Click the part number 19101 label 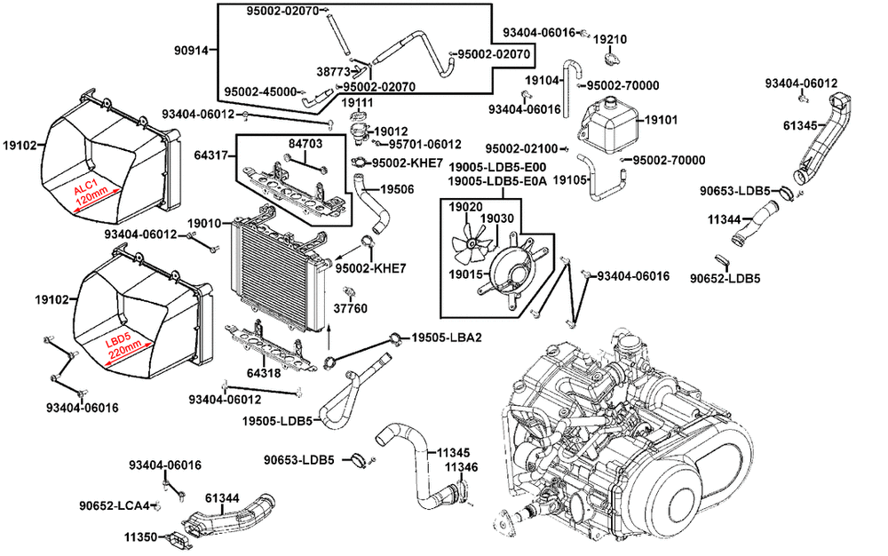click(x=661, y=120)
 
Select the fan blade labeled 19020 click(x=472, y=243)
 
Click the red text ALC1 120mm click(x=91, y=193)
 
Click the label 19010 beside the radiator click(x=204, y=224)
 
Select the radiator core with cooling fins click(x=277, y=272)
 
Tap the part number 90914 click(x=190, y=50)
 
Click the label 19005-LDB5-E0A click(x=497, y=181)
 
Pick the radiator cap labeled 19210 click(x=611, y=58)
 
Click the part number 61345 click(x=800, y=125)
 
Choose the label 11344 click(x=724, y=219)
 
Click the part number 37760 click(x=350, y=308)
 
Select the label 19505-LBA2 click(x=447, y=338)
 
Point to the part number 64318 click(x=264, y=372)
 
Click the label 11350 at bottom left click(x=141, y=536)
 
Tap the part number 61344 click(x=222, y=498)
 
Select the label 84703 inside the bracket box click(x=305, y=144)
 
